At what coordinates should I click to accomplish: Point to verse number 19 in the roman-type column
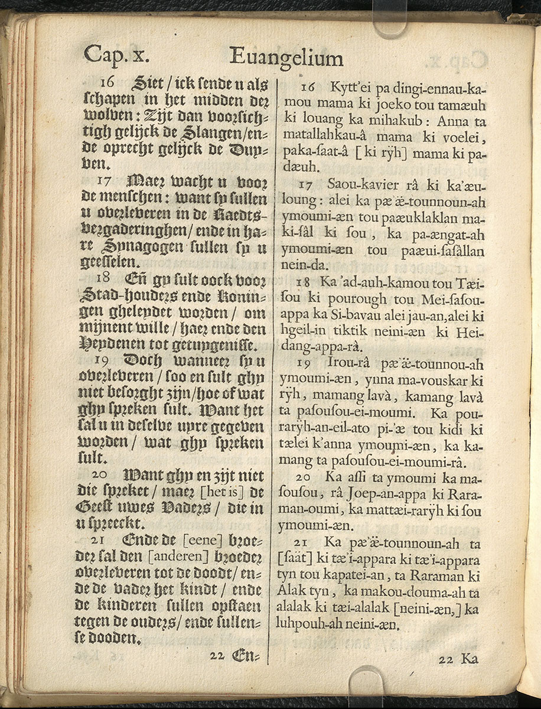[305, 363]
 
